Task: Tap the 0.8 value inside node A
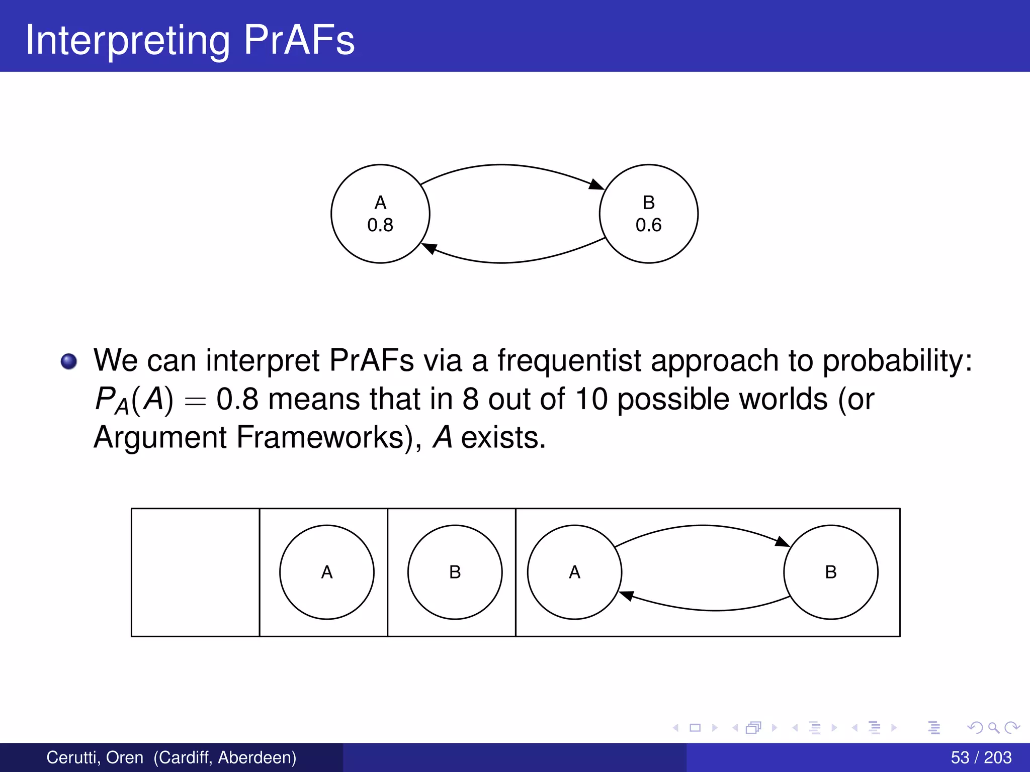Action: [380, 225]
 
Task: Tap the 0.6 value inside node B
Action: [648, 225]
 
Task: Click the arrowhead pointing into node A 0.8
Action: [428, 248]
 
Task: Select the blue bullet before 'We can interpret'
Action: [69, 361]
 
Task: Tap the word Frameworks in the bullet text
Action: [320, 437]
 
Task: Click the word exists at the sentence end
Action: [503, 437]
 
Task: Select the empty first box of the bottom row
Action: [195, 572]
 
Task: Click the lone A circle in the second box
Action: [327, 572]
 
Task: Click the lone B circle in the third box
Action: [455, 572]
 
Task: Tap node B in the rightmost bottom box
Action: [830, 572]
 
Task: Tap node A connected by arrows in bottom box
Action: [574, 572]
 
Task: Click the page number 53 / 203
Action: [981, 757]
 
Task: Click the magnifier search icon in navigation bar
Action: [993, 727]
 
